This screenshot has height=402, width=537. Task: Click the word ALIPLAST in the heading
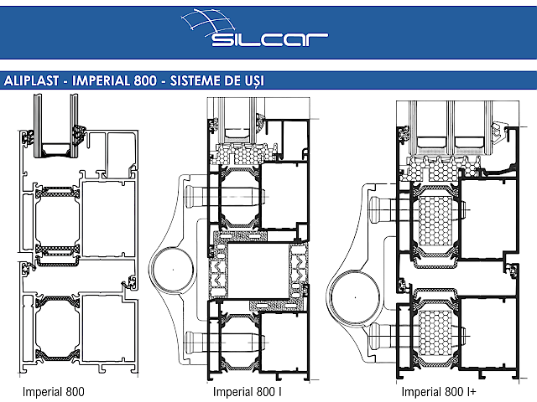(33, 81)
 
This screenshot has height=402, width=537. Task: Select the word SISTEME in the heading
(201, 81)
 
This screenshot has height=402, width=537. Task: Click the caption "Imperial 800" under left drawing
(54, 391)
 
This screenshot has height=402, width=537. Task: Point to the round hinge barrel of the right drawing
(352, 294)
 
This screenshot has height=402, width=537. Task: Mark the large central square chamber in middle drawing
(257, 269)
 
